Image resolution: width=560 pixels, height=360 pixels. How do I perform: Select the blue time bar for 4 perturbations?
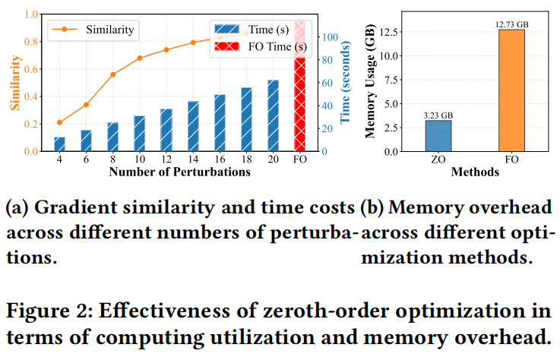(x=59, y=144)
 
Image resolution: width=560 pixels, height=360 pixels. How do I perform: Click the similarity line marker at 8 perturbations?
(x=113, y=74)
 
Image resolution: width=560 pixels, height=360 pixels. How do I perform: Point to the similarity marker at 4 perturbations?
(x=59, y=122)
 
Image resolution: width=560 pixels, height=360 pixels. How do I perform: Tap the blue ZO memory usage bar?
(x=438, y=136)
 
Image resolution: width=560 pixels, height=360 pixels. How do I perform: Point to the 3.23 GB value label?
(x=438, y=115)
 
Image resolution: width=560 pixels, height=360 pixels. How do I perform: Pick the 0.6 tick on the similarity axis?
(x=31, y=69)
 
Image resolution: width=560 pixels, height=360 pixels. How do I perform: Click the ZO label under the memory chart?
(x=438, y=160)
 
